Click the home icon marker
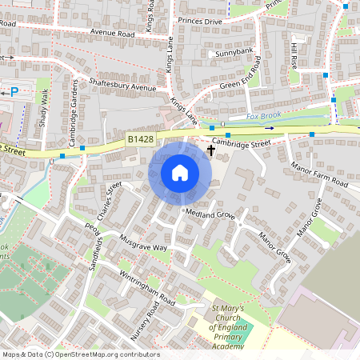[x=180, y=172]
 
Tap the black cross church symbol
[x=211, y=150]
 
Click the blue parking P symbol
[x=14, y=92]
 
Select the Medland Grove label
[x=210, y=215]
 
